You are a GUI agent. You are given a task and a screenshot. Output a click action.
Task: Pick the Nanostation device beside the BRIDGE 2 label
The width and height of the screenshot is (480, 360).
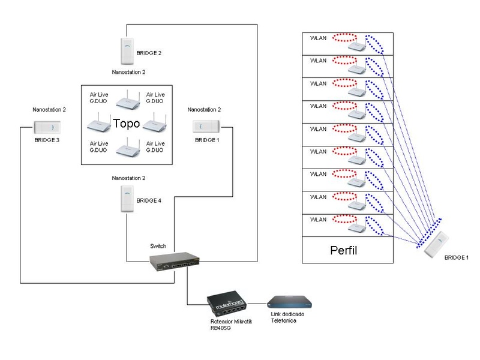tap(127, 52)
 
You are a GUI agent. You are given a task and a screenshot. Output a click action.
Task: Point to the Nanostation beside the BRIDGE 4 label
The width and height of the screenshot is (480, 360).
tap(127, 199)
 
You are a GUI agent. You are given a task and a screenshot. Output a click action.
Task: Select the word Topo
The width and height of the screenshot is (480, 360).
tap(127, 125)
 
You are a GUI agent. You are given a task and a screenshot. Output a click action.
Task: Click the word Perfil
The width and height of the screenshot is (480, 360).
tap(344, 251)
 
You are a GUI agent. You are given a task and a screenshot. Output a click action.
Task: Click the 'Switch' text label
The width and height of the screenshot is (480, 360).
tap(158, 247)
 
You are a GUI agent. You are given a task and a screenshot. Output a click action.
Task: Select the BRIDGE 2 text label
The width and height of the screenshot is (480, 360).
tap(149, 53)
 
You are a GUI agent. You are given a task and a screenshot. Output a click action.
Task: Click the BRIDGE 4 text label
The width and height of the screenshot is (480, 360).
tap(149, 200)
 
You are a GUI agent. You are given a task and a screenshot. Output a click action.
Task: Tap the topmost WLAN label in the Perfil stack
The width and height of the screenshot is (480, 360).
tap(318, 38)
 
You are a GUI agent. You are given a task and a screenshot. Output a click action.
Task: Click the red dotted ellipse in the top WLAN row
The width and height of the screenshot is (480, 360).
tap(344, 38)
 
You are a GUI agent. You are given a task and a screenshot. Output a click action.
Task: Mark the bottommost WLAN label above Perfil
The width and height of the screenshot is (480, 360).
tap(318, 219)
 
